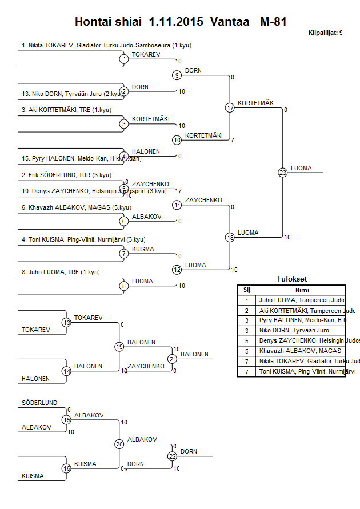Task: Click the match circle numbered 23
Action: coord(283,172)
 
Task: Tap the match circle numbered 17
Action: coord(230,107)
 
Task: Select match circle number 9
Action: coord(177,75)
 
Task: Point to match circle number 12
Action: coord(177,269)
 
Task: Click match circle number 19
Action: coord(119,346)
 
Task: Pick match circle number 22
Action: coord(173,456)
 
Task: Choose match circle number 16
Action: coord(66,468)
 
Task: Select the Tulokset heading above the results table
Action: coord(291,279)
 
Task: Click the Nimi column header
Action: coord(302,290)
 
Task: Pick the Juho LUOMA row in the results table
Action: coord(302,300)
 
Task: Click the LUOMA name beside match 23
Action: coord(301,168)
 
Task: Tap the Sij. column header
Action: coord(247,290)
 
